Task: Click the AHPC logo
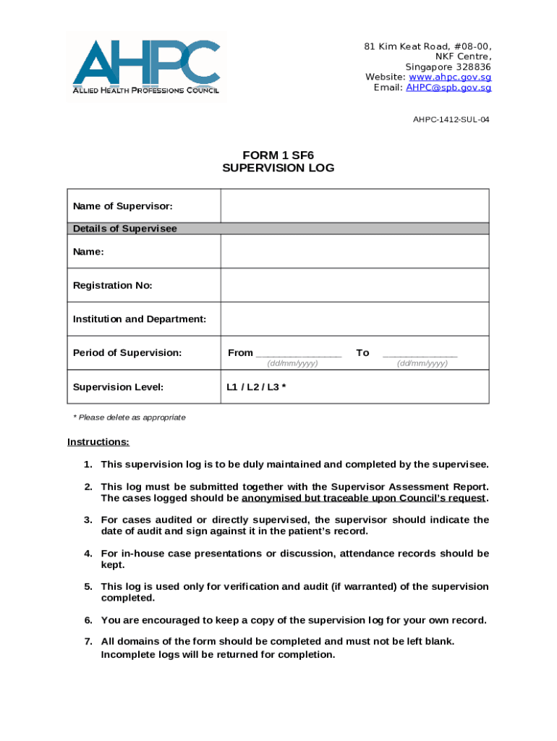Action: [x=145, y=66]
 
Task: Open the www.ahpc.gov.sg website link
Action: [x=450, y=77]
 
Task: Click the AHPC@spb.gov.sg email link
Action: [x=448, y=88]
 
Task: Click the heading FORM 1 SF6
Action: [x=278, y=155]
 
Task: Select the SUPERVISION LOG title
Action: [x=278, y=168]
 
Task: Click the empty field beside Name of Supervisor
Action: [x=354, y=206]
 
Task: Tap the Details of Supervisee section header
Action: [x=124, y=229]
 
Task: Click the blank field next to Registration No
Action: [x=354, y=285]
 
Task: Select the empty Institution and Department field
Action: [x=354, y=319]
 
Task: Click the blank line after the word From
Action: [x=298, y=355]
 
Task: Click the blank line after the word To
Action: [x=420, y=355]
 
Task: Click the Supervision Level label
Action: [x=118, y=387]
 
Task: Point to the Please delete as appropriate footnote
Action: [x=129, y=418]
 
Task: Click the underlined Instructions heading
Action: [x=98, y=442]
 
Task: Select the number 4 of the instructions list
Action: [x=88, y=554]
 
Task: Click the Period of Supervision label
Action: [x=127, y=353]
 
